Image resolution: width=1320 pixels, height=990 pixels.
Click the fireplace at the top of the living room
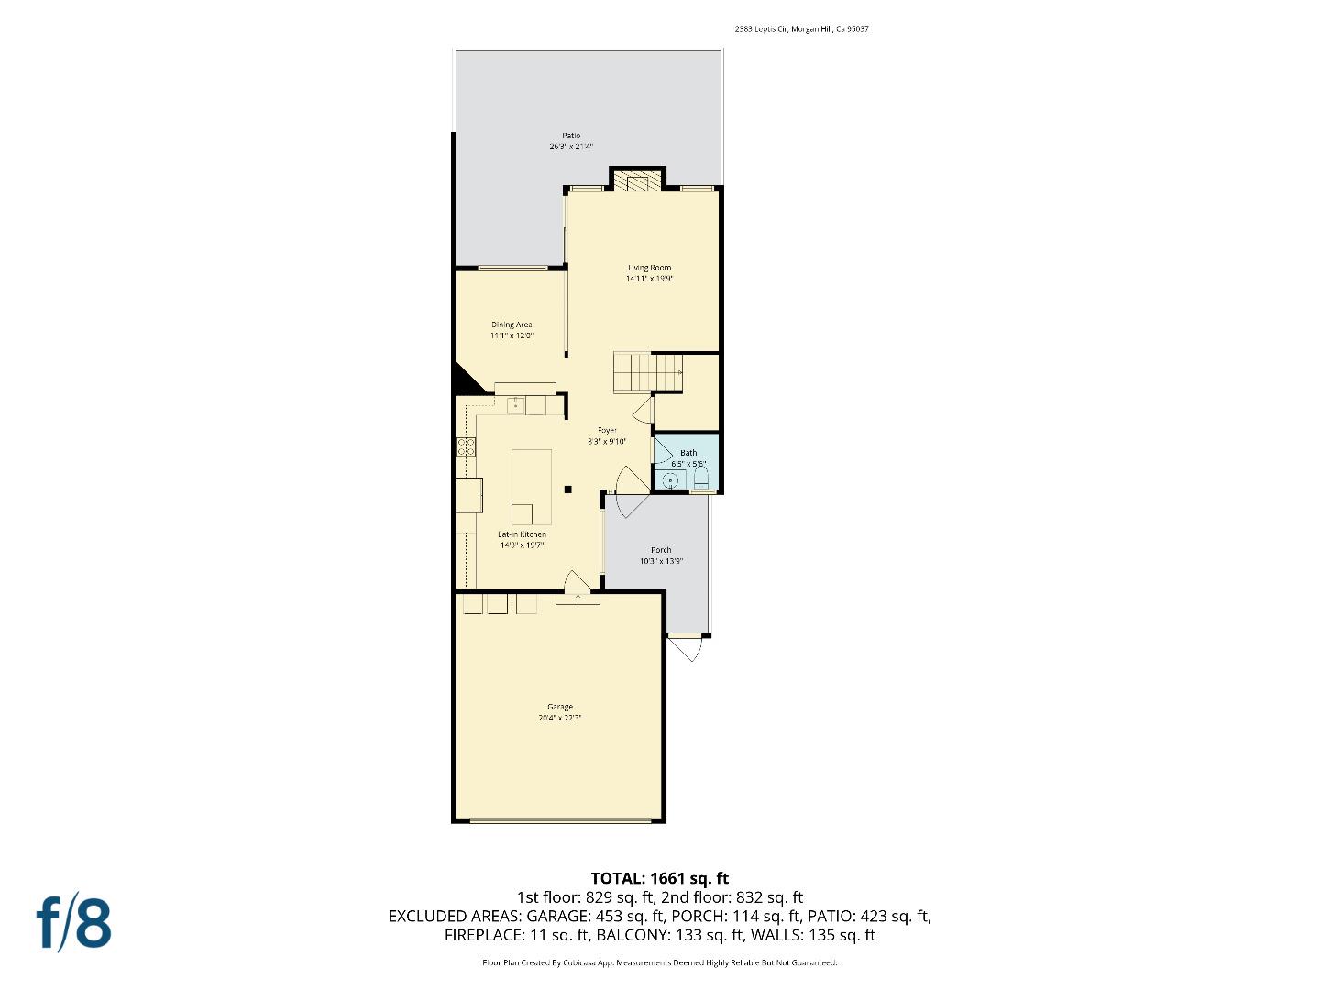point(636,181)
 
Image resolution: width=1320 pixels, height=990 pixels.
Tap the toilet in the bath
point(701,478)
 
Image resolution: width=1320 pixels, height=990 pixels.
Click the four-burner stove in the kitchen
point(467,447)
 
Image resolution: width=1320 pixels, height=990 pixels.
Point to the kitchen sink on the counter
point(515,404)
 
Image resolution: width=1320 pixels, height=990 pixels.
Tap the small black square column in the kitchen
point(568,489)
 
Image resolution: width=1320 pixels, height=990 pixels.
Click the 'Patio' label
point(571,136)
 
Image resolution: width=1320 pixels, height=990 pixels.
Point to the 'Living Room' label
point(649,268)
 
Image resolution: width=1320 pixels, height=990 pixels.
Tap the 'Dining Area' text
point(511,324)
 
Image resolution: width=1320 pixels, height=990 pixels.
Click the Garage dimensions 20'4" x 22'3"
point(560,719)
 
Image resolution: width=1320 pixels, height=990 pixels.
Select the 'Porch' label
point(661,550)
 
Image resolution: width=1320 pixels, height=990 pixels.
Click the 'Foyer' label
point(607,430)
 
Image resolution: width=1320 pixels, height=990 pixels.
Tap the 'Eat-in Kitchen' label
point(522,534)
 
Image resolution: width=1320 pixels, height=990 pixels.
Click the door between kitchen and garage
point(577,587)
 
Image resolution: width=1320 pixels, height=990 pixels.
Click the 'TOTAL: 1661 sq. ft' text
point(659,878)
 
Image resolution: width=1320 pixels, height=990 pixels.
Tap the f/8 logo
point(73,923)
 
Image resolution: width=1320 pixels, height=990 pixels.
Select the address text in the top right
point(801,29)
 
